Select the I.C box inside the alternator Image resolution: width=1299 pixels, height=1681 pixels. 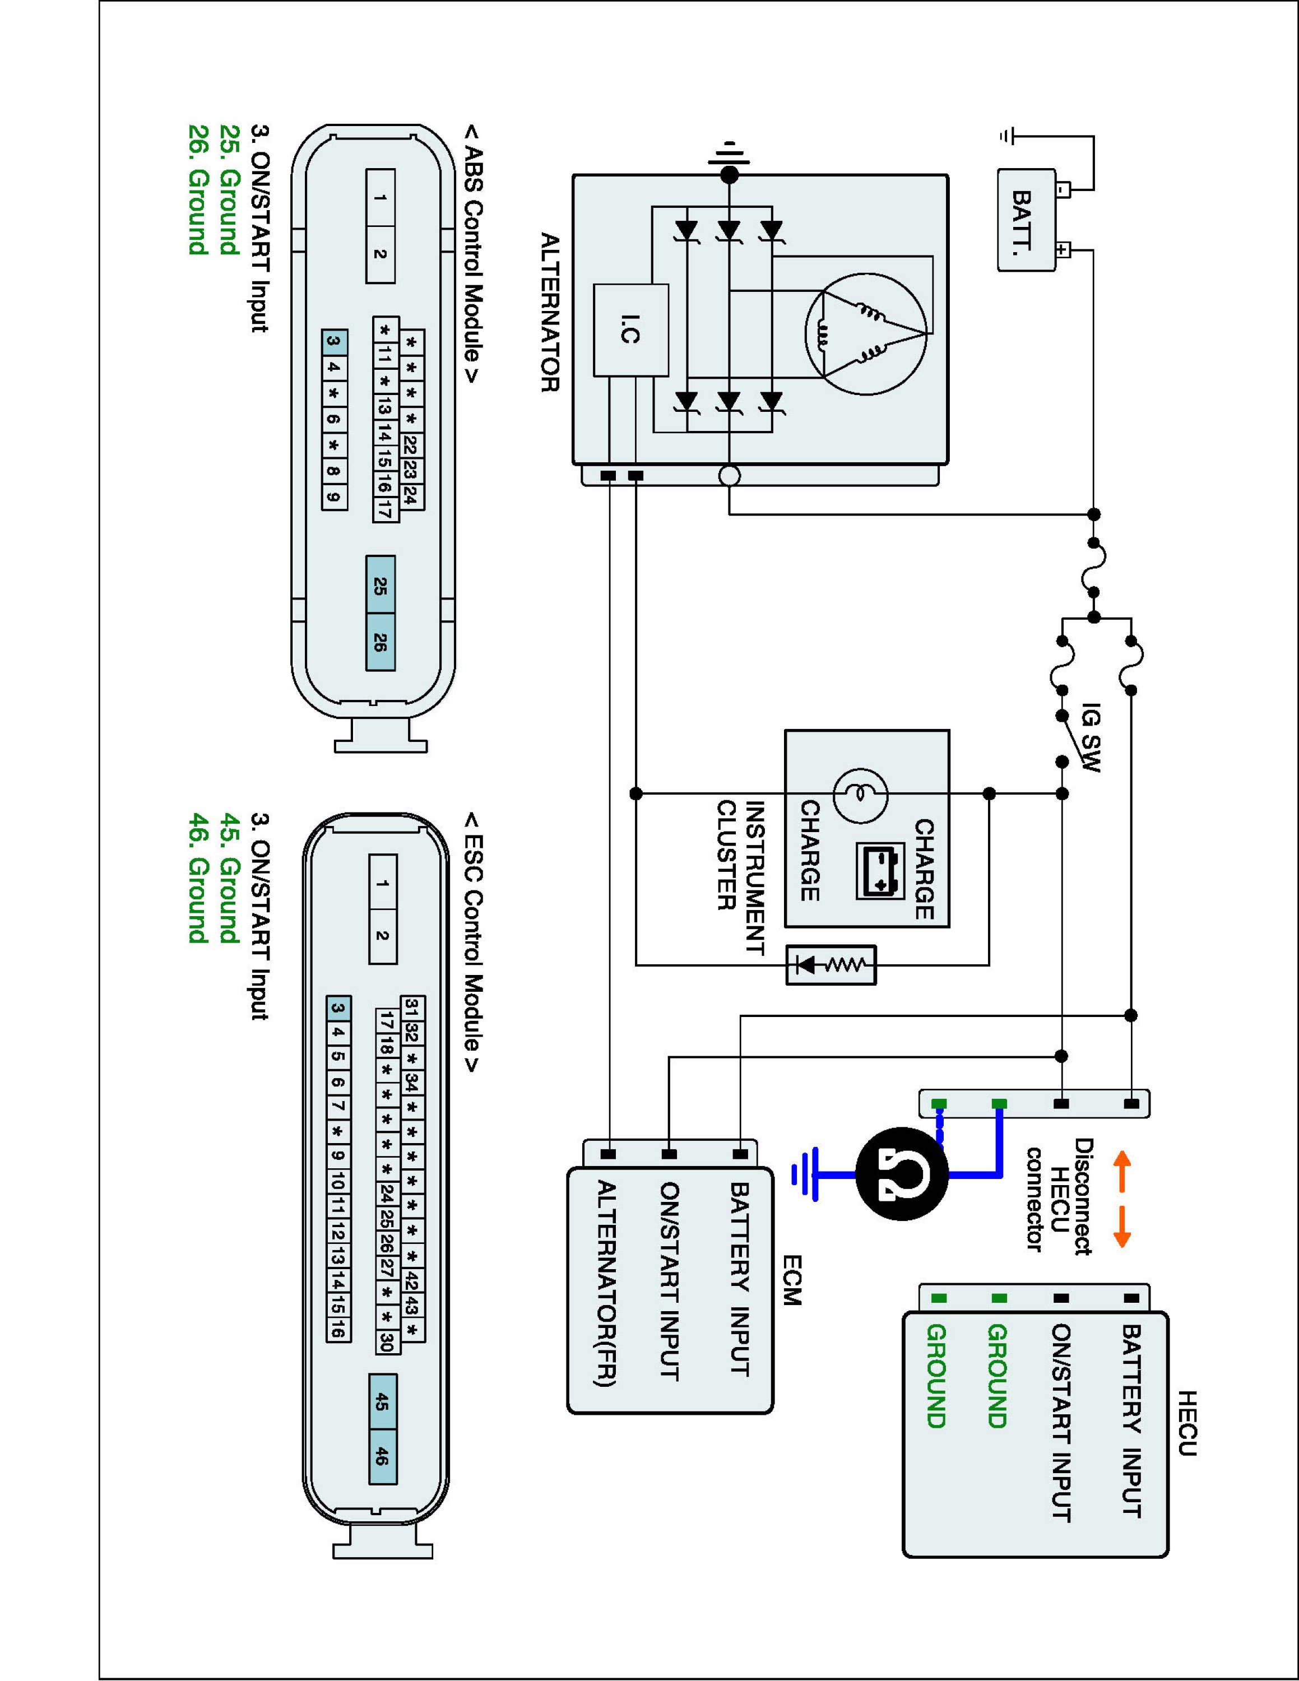631,330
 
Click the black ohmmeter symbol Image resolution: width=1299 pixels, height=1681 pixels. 902,1174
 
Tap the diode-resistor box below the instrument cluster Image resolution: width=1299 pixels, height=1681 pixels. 831,964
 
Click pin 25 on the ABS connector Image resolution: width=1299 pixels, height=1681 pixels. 380,585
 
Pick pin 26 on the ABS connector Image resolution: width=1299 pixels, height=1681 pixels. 380,643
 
